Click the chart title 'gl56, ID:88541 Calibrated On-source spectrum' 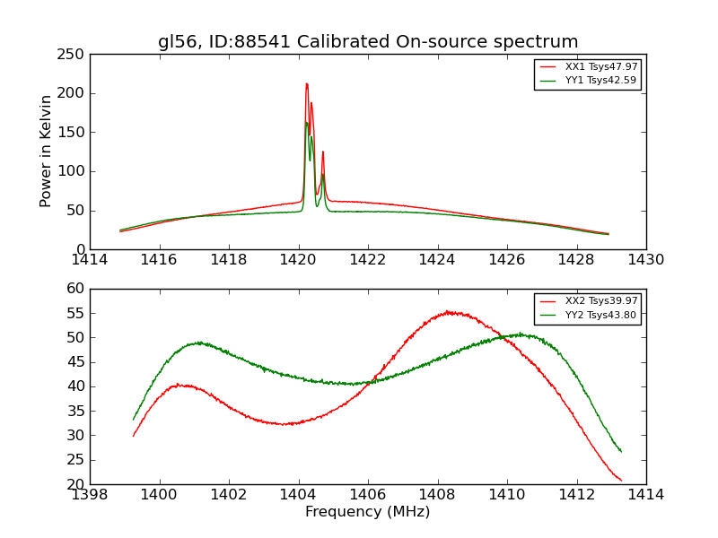tap(368, 42)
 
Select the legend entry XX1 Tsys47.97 tap(600, 67)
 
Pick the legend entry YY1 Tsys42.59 tap(600, 80)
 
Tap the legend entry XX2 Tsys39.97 tap(600, 301)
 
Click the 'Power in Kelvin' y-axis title tap(46, 152)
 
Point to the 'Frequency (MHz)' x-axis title tap(368, 512)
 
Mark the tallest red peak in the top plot tap(306, 84)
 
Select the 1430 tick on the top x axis tap(646, 259)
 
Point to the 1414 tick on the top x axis tap(90, 259)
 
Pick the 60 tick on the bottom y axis tap(76, 289)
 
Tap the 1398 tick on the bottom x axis tap(90, 494)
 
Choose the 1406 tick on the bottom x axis tap(368, 494)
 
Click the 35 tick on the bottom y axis tap(76, 411)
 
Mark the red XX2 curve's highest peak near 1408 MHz tap(449, 312)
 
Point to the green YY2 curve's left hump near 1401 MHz tap(199, 343)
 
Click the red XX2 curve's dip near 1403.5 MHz tap(285, 424)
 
